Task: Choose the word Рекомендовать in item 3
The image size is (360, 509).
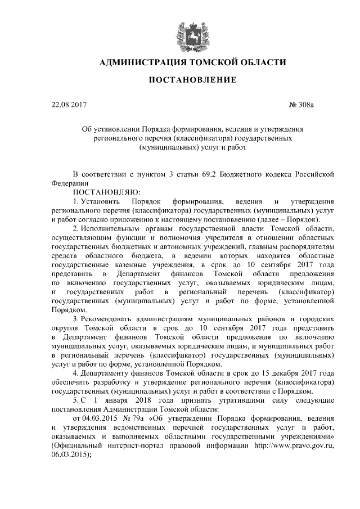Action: tap(109, 319)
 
